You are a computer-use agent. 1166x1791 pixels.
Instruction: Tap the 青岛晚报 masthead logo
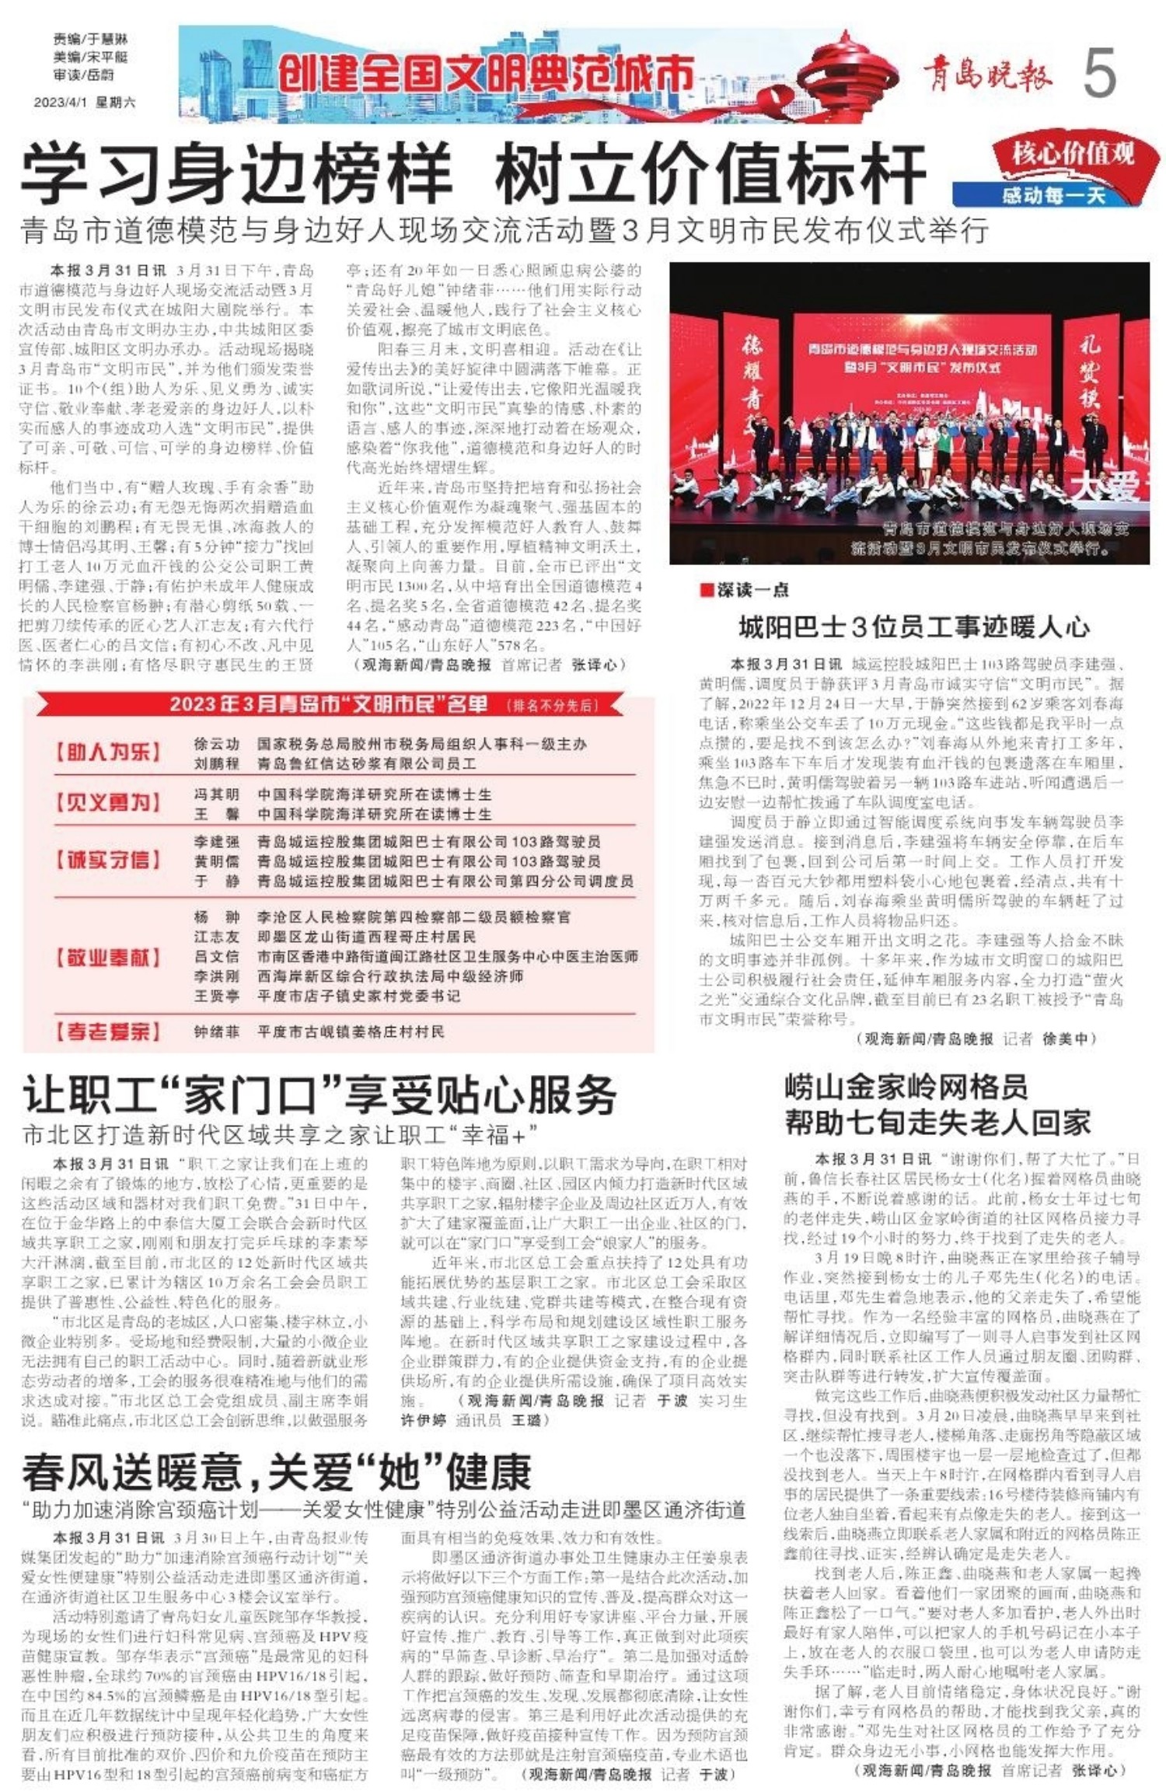987,75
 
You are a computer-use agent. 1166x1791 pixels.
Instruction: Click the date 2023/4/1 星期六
84,102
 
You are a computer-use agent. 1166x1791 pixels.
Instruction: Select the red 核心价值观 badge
1073,155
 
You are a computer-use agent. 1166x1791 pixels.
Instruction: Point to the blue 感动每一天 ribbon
1053,194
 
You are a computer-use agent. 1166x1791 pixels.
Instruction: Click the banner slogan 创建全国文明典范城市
486,75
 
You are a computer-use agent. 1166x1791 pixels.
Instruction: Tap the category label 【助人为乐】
108,752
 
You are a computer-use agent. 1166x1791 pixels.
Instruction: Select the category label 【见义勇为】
108,802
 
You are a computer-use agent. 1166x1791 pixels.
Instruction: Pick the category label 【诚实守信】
108,860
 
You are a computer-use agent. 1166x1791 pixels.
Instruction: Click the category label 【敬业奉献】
108,957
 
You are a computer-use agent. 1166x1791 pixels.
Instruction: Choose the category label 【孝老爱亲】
108,1032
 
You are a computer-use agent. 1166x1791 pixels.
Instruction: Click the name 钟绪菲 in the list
216,1032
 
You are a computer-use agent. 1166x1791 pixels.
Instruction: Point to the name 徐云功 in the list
216,744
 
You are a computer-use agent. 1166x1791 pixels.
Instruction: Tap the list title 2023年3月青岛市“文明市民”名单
330,704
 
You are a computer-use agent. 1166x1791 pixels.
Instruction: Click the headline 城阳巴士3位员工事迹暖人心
913,627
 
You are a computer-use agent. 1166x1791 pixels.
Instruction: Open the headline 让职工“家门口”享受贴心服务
319,1096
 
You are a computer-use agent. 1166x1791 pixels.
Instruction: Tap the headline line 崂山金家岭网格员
906,1087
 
